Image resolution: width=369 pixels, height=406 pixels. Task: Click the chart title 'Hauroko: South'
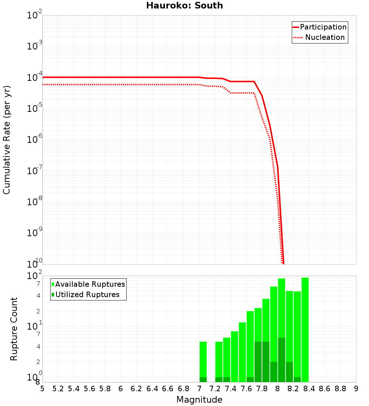[184, 6]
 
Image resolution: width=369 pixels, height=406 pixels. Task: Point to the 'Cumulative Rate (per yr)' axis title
[7, 140]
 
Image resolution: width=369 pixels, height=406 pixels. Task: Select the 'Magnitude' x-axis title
[199, 399]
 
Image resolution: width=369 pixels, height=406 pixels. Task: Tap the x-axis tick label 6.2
[137, 389]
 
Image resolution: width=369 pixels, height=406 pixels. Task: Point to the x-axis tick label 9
[356, 389]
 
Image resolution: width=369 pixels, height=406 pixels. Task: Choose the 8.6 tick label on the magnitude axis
[325, 389]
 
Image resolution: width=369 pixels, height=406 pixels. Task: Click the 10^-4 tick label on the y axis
[35, 78]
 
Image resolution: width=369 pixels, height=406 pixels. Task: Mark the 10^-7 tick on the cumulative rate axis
[35, 171]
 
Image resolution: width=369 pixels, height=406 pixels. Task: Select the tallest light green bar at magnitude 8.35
[305, 328]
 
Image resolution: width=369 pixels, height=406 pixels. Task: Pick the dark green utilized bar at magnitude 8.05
[281, 359]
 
